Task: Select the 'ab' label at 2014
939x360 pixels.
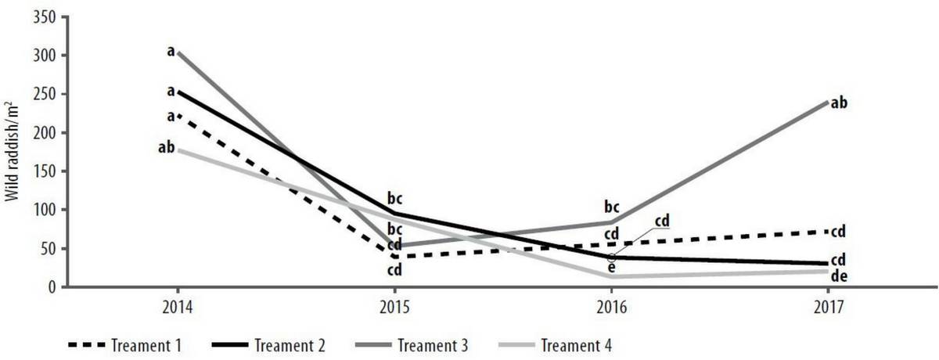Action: point(166,146)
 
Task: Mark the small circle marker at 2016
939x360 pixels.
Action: point(612,257)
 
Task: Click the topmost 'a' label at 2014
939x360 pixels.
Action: point(170,52)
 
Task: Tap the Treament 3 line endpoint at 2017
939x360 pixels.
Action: point(828,101)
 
